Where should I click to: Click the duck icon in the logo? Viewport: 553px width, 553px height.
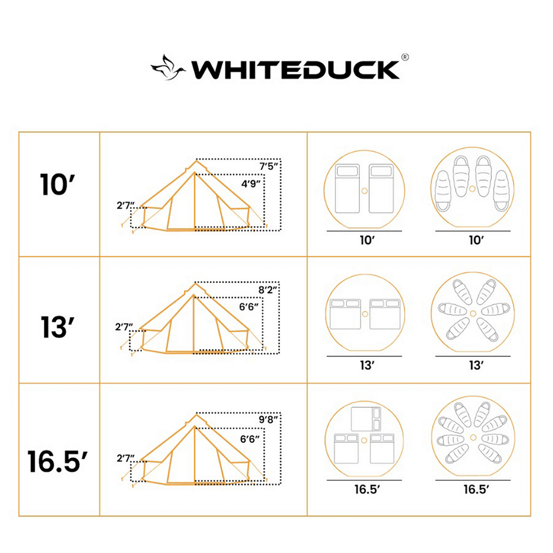(168, 67)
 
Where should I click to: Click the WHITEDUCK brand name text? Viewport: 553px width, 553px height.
(296, 69)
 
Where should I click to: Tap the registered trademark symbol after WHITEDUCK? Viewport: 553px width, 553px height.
(405, 57)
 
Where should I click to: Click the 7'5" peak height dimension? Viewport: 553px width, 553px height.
(269, 166)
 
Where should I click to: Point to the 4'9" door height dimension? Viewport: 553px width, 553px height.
(251, 183)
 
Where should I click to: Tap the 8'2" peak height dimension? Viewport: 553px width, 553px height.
(268, 290)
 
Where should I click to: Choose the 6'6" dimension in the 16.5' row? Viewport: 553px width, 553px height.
(250, 439)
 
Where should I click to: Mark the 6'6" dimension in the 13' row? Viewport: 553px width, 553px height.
(250, 307)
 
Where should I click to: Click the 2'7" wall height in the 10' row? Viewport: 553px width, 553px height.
(125, 205)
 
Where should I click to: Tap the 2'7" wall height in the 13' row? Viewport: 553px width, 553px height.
(124, 327)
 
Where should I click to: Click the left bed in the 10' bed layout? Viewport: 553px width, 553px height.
(347, 189)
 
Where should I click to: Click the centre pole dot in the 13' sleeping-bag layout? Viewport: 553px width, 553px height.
(473, 313)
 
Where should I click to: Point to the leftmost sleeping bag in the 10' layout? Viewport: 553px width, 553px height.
(442, 191)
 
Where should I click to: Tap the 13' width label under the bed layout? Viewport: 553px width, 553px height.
(367, 365)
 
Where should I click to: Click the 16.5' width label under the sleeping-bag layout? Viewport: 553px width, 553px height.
(476, 489)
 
